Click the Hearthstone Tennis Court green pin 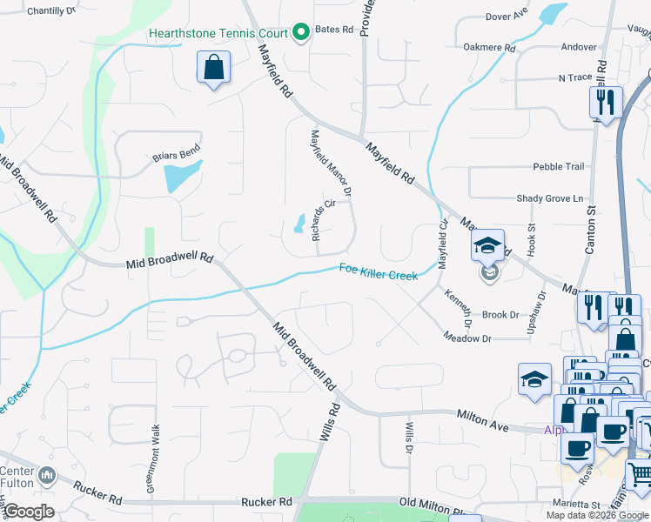[x=302, y=33]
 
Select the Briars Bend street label [x=177, y=157]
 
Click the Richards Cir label [x=323, y=219]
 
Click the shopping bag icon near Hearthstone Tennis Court [x=213, y=68]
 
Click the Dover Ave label [x=507, y=17]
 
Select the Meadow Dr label [x=467, y=338]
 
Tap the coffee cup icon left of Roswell [x=576, y=447]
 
